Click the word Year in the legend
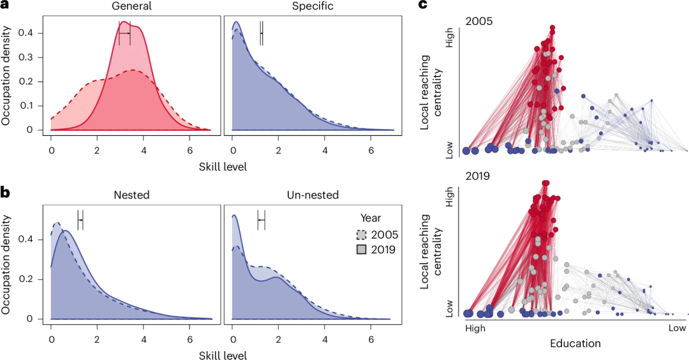pyautogui.click(x=371, y=218)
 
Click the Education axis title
pyautogui.click(x=575, y=343)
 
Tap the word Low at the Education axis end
pyautogui.click(x=677, y=328)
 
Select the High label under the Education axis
pyautogui.click(x=475, y=328)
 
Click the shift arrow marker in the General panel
pyautogui.click(x=124, y=33)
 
